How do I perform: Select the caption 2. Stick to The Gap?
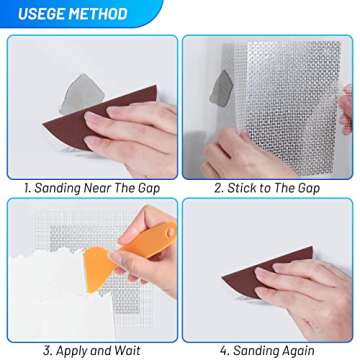click(x=268, y=186)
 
